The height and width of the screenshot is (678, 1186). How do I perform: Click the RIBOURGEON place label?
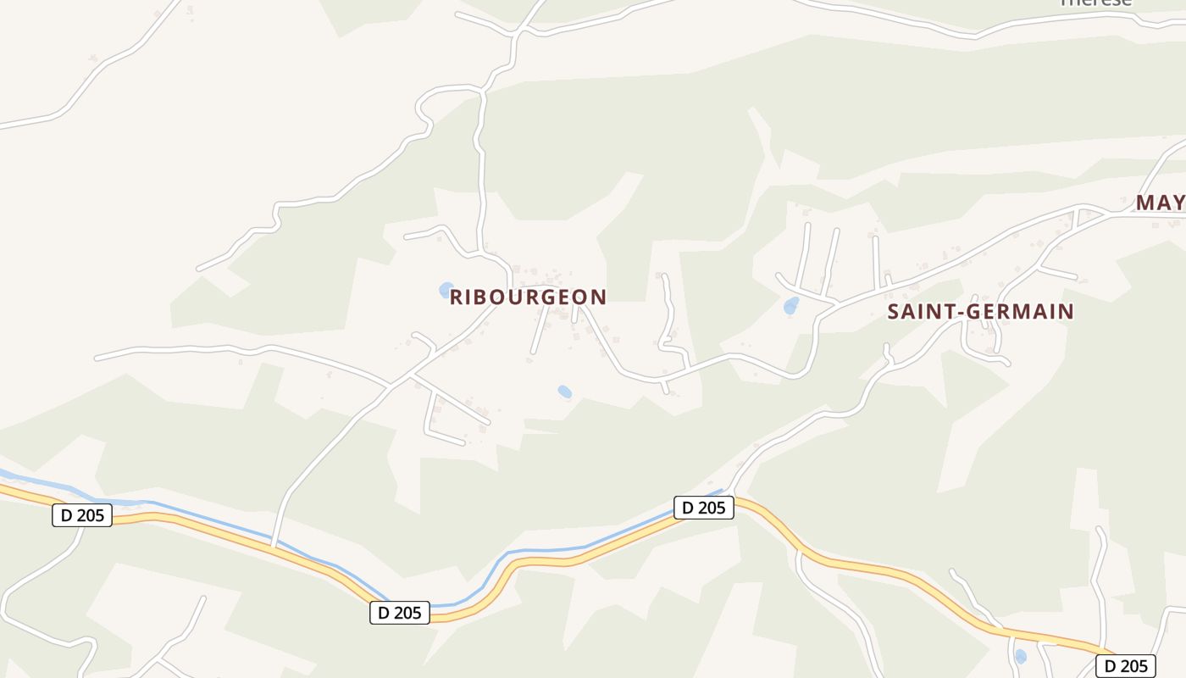528,297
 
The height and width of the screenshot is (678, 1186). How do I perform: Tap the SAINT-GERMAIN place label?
980,312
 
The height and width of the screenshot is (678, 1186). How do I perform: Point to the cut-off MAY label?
1160,203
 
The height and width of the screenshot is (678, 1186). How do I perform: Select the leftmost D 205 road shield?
82,514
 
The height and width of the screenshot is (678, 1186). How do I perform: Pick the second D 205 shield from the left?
400,613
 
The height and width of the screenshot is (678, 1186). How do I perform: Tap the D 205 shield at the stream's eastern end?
704,508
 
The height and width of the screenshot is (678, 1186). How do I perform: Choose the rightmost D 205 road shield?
1126,665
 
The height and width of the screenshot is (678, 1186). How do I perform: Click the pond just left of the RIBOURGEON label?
446,291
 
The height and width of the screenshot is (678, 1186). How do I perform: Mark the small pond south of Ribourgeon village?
564,392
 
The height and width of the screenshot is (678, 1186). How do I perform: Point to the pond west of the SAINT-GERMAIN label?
791,305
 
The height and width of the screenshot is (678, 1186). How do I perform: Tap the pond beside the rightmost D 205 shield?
1020,656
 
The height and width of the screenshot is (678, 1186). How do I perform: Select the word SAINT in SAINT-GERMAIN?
921,312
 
